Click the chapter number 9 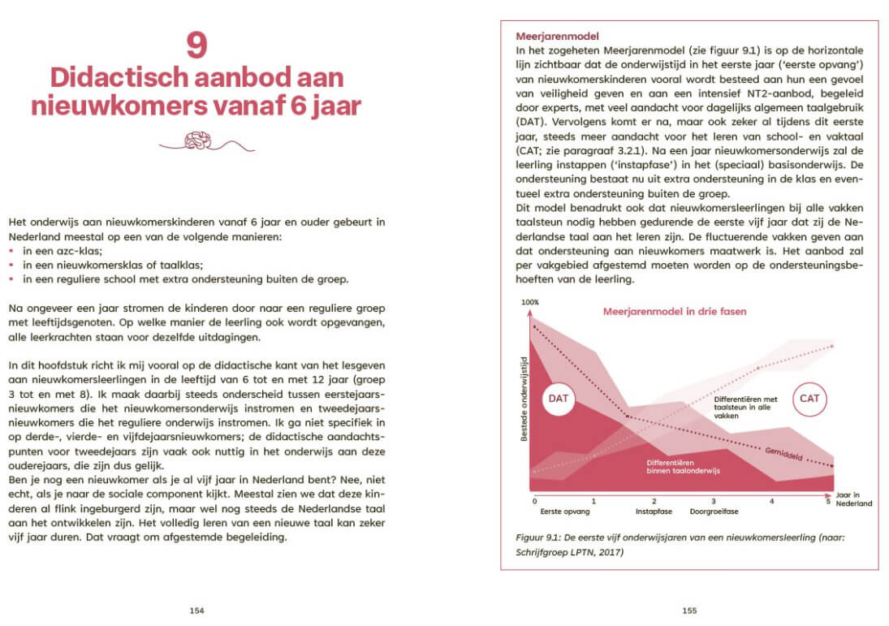tap(196, 46)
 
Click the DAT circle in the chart tap(559, 399)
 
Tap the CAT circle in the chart tap(809, 399)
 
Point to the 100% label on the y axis tap(530, 302)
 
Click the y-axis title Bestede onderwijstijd tap(525, 398)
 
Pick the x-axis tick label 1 tap(594, 502)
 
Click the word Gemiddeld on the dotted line tap(783, 454)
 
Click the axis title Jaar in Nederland tap(853, 499)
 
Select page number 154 tap(196, 611)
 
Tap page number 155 tap(689, 611)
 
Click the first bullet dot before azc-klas tap(11, 253)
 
